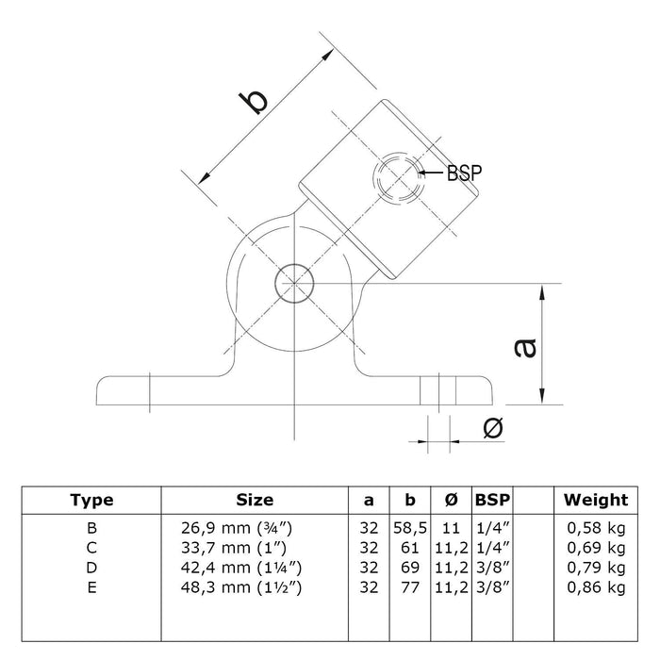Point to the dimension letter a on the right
525,347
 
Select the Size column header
255,501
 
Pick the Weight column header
595,501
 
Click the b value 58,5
407,526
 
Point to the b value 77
407,586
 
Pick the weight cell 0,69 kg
595,546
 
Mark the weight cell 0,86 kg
595,586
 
